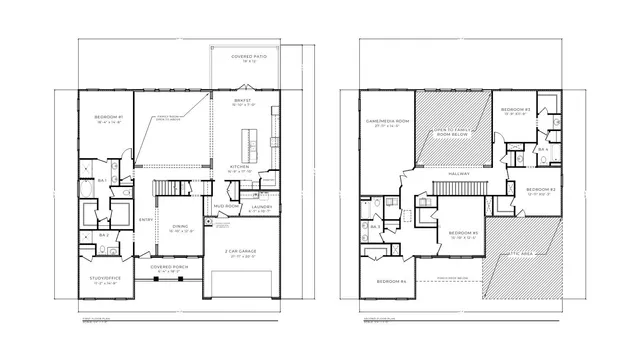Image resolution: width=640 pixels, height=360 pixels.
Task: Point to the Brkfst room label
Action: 243,101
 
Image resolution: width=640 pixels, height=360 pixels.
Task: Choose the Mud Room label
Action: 225,206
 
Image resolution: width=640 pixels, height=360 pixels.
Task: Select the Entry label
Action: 146,219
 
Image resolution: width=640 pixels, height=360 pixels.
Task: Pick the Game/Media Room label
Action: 383,123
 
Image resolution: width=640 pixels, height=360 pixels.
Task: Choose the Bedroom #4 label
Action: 391,282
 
